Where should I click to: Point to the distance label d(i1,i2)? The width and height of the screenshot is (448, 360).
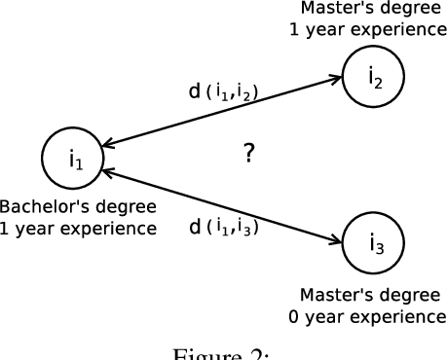[224, 93]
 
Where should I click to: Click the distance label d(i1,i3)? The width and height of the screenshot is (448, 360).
[224, 229]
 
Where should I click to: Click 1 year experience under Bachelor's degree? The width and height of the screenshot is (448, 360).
[79, 230]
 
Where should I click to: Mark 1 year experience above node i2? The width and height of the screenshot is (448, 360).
[374, 29]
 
